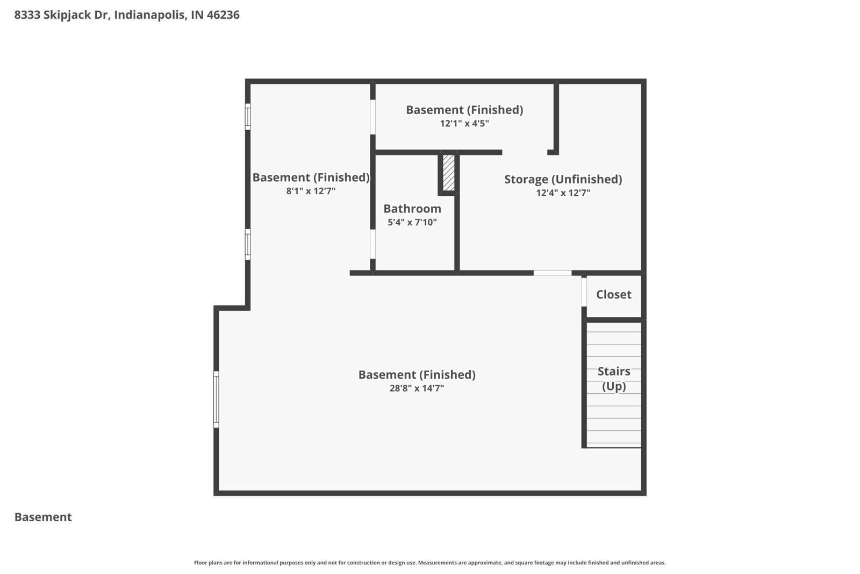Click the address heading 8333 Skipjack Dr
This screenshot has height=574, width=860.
click(62, 15)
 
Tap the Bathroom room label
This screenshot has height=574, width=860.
click(412, 209)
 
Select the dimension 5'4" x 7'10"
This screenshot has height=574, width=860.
click(412, 222)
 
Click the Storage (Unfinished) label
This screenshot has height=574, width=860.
click(563, 179)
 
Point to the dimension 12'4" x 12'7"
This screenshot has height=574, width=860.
click(563, 193)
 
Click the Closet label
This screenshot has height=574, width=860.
click(613, 294)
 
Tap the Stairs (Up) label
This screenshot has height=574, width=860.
click(613, 379)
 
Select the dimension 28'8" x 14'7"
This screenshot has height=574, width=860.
click(417, 388)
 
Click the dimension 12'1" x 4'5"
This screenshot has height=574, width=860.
click(464, 123)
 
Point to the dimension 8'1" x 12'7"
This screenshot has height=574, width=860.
click(311, 191)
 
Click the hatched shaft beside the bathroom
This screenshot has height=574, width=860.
click(448, 173)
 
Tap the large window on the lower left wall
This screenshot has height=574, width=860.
click(216, 399)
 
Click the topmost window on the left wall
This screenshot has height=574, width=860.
click(248, 117)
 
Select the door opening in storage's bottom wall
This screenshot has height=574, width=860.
click(552, 273)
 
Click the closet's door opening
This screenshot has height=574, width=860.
click(584, 292)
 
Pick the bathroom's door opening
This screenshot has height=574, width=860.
click(372, 244)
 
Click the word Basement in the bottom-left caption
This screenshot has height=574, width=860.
click(43, 517)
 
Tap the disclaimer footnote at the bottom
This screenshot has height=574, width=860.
click(429, 563)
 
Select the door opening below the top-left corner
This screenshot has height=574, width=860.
click(372, 117)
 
